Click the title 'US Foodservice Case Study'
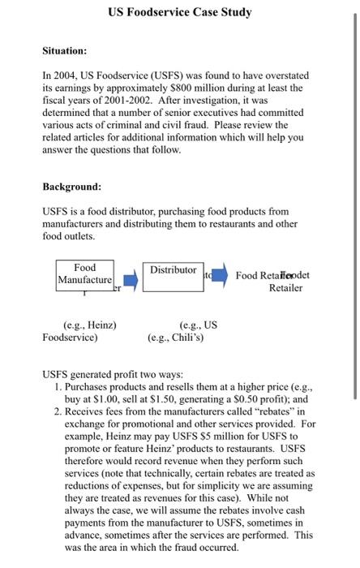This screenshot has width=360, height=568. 179,12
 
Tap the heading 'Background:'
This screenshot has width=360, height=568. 71,187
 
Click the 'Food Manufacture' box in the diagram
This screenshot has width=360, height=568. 84,274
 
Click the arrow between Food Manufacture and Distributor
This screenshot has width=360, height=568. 130,281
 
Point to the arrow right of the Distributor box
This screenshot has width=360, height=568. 221,278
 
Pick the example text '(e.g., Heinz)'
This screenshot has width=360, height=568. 89,325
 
